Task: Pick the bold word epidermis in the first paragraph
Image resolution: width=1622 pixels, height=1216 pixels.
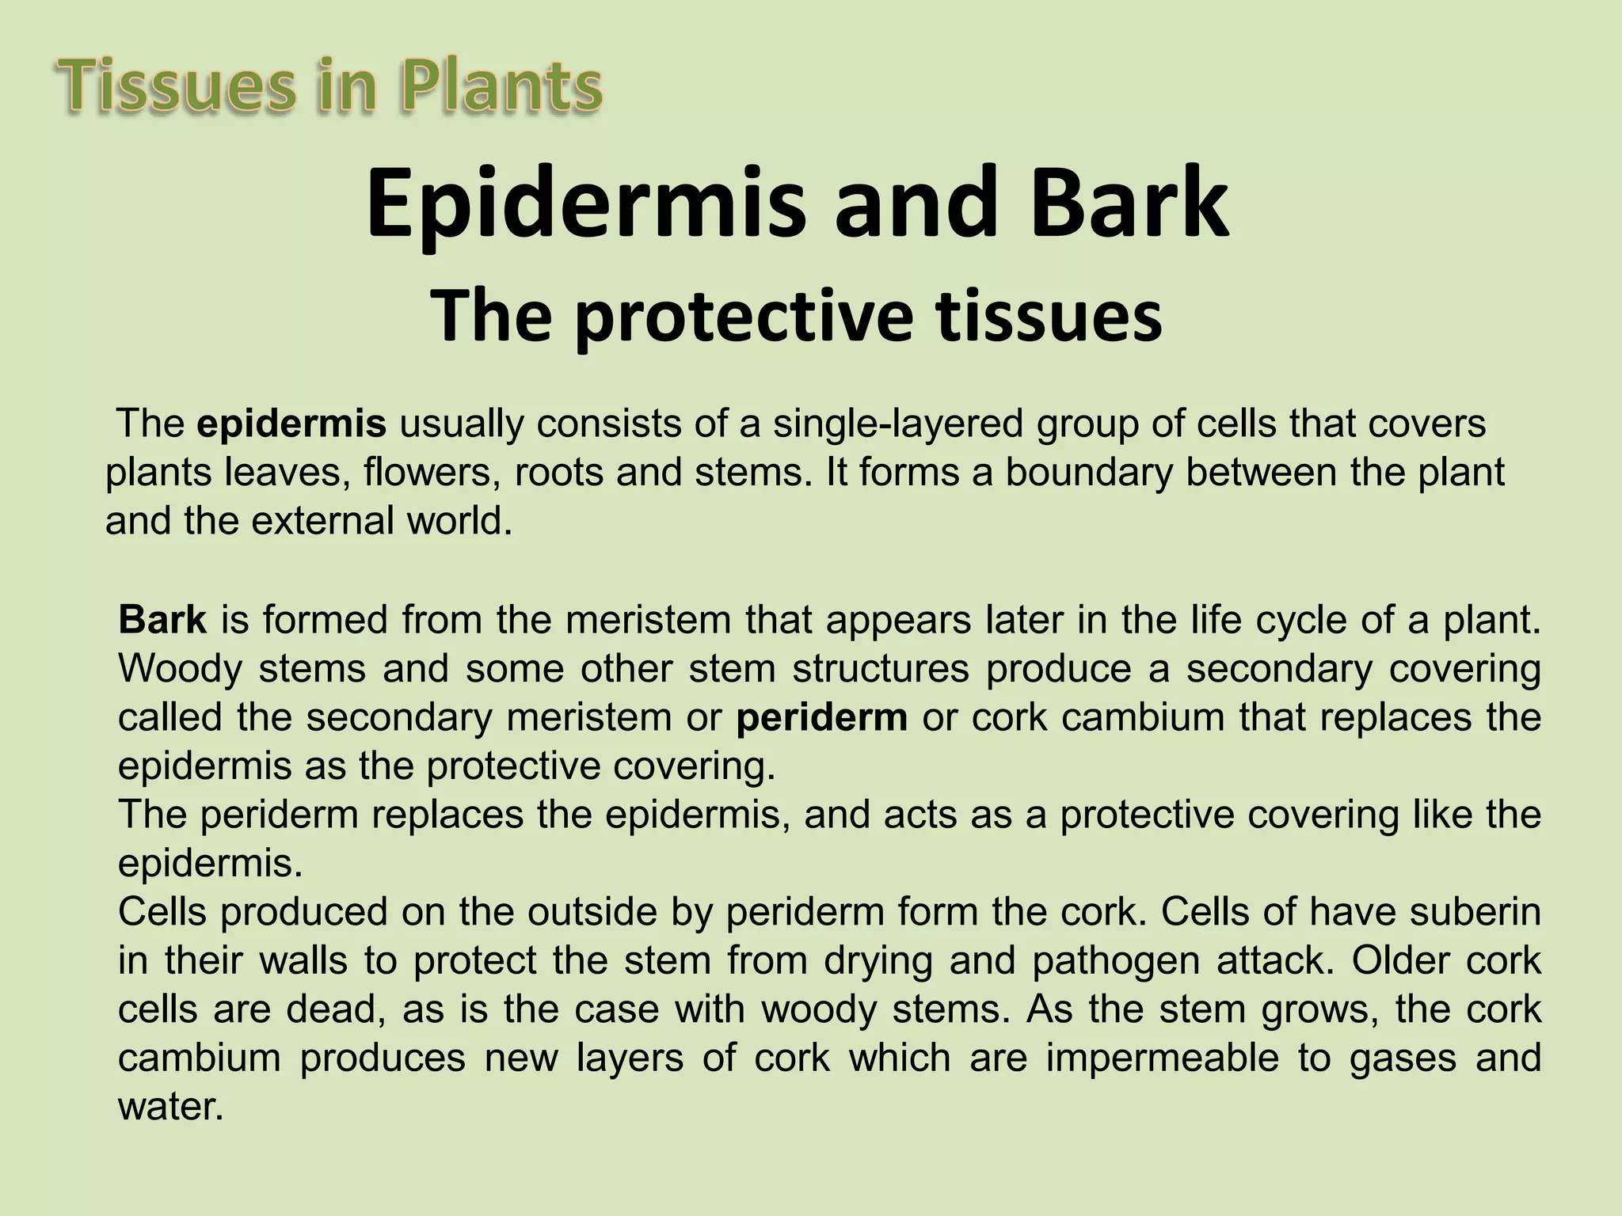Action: coord(291,424)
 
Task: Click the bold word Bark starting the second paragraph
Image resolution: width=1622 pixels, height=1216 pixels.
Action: coord(162,619)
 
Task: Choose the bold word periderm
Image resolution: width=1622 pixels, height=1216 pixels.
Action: coord(821,717)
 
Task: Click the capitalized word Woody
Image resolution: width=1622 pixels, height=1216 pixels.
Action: coord(180,669)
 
